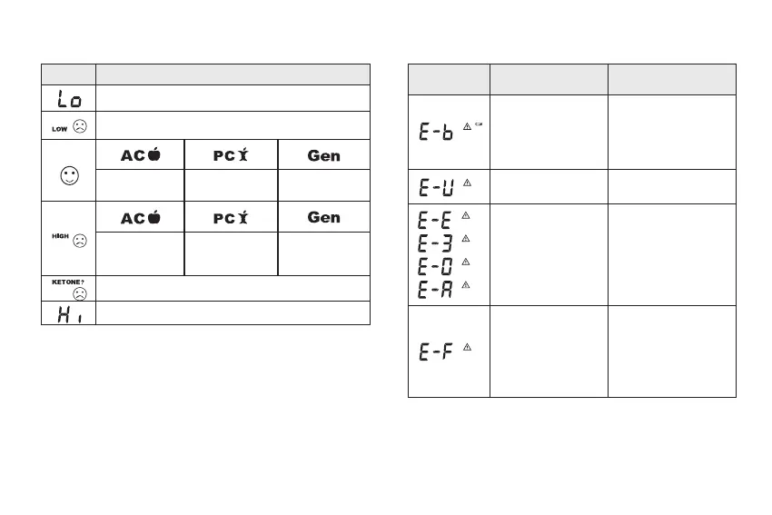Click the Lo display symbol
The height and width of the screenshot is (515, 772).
point(69,98)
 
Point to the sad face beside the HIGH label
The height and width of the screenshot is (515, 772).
point(80,242)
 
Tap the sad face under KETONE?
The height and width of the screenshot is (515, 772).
point(81,294)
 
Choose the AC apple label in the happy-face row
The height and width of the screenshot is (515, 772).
point(141,155)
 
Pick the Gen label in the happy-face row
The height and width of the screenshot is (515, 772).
point(324,155)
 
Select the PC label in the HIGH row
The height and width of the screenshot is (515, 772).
point(232,218)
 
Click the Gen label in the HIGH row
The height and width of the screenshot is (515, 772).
point(324,218)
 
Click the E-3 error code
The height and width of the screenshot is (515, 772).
point(436,242)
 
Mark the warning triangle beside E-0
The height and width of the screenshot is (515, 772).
point(466,262)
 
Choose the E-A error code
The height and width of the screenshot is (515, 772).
point(436,287)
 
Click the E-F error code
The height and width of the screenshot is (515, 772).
point(436,352)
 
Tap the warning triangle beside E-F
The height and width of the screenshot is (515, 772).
point(467,347)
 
